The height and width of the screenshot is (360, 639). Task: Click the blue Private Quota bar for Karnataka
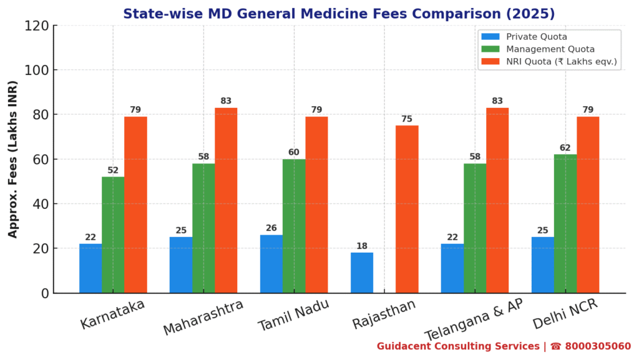point(90,268)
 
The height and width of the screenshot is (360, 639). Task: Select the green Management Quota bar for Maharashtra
point(203,228)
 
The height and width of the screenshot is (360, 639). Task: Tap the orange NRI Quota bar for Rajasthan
point(407,209)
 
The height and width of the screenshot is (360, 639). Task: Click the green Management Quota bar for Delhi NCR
point(565,223)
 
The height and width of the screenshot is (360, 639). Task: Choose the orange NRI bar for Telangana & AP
point(497,200)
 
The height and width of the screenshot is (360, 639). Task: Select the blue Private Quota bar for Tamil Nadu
point(271,263)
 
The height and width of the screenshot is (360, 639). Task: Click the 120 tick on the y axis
point(37,26)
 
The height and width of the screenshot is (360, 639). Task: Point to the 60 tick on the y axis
point(40,160)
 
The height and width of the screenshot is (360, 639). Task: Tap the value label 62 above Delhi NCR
point(565,148)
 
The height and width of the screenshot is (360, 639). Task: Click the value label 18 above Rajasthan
point(362,246)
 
